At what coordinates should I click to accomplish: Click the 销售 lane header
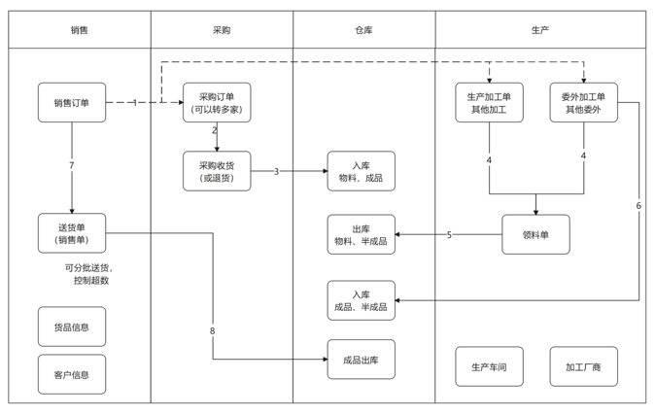tap(80, 30)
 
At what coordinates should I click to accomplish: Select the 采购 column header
tap(222, 30)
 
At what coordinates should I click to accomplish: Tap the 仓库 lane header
tap(363, 30)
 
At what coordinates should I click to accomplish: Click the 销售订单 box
tap(72, 103)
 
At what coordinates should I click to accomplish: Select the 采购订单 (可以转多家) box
tap(217, 103)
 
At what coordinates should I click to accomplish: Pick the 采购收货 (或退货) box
tap(217, 171)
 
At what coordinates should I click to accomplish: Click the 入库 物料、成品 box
tap(362, 171)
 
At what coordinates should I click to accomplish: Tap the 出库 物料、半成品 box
tap(362, 234)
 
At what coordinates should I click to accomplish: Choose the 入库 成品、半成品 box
tap(362, 300)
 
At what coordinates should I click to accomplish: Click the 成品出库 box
tap(362, 360)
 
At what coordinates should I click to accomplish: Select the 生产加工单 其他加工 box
tap(489, 103)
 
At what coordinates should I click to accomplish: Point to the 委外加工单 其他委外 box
tap(583, 103)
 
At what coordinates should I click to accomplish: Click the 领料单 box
tap(535, 234)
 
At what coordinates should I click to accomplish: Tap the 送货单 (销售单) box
tap(72, 233)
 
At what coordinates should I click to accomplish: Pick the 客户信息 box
tap(72, 374)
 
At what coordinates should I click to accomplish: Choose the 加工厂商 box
tap(583, 366)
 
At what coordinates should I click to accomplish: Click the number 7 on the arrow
tap(72, 166)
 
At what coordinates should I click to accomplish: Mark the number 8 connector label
tap(213, 331)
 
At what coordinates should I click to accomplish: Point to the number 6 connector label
tap(638, 206)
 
